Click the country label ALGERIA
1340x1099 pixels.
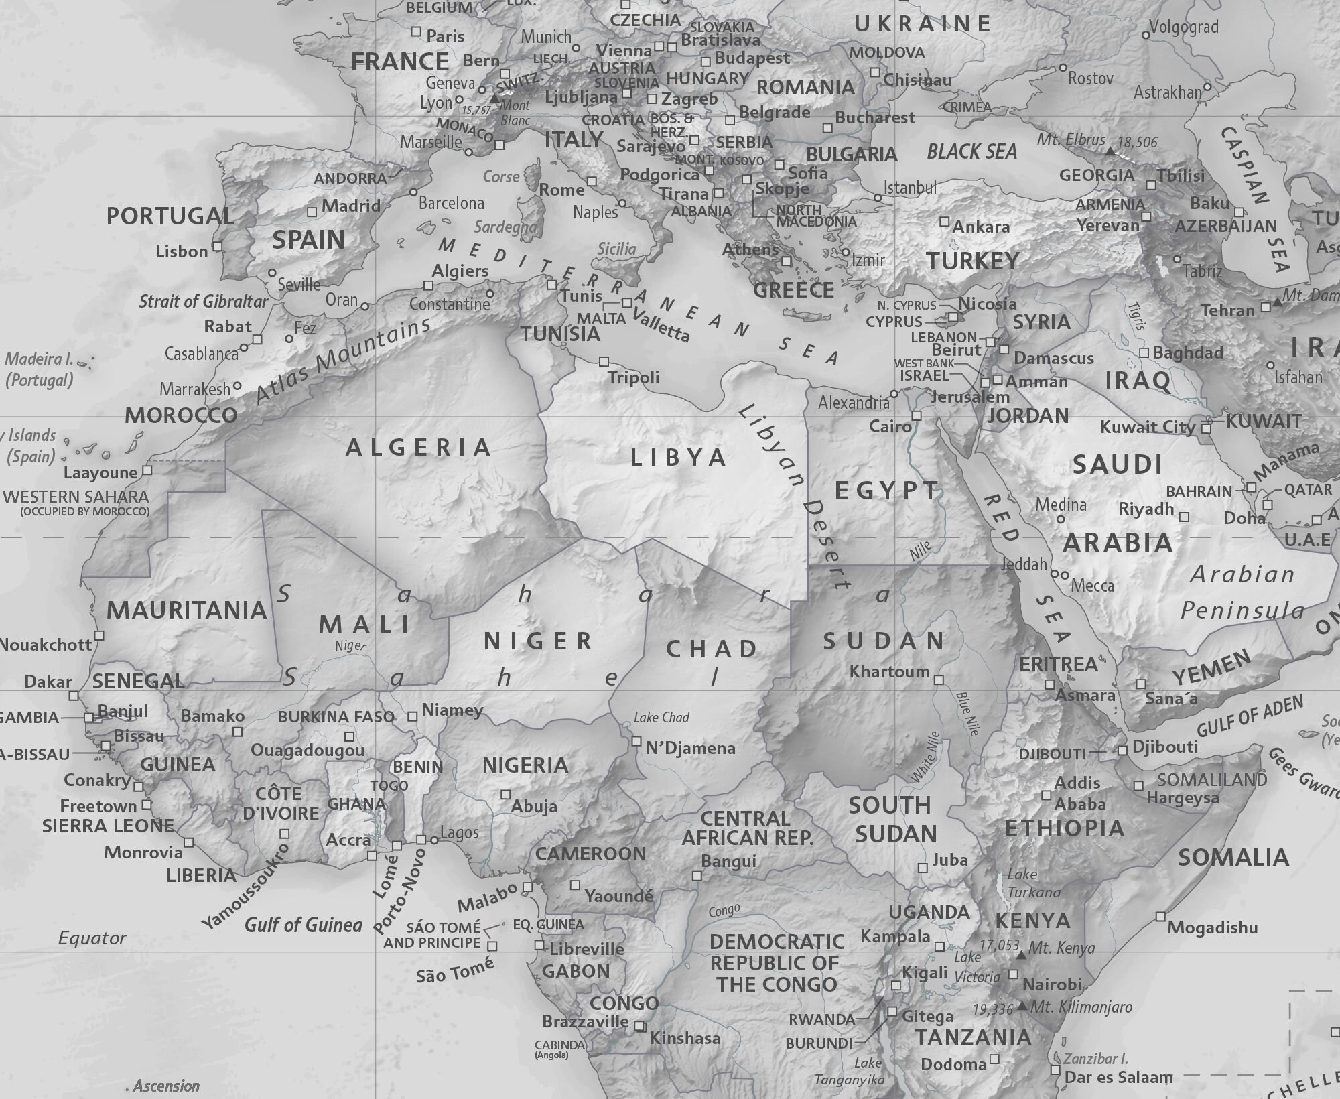(419, 448)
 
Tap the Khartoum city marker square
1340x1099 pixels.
(939, 680)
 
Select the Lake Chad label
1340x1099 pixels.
(661, 718)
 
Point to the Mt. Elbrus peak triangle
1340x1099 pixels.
(1110, 152)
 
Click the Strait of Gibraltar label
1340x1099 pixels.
(203, 302)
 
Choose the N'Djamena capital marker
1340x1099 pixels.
(636, 741)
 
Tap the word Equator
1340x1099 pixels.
(92, 938)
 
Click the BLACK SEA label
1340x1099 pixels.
(972, 152)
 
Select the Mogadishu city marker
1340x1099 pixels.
(1160, 916)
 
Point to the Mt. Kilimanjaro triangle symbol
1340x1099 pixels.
(1022, 1006)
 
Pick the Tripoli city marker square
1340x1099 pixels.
(604, 361)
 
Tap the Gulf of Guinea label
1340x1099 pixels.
(303, 925)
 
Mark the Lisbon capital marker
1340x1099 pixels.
(217, 246)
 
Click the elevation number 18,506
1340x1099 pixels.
(1138, 142)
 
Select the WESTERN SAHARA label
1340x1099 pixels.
(76, 497)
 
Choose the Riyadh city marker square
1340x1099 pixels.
(1184, 517)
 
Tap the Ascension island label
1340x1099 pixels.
(166, 1086)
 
